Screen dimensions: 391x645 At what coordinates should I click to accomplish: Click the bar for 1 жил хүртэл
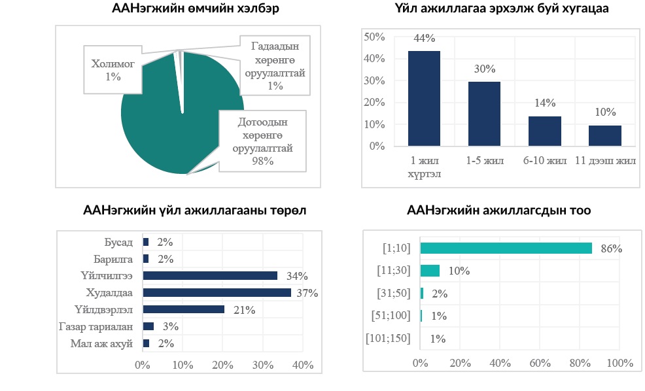[424, 98]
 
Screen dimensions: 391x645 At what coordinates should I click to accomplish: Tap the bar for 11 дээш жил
[604, 135]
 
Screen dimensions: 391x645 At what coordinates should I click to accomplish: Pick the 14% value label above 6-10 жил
[544, 103]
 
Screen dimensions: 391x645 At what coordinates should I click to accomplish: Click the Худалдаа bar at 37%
[217, 292]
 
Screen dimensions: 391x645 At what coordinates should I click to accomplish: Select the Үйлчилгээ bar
[210, 276]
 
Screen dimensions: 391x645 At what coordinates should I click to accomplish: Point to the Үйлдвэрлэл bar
[183, 309]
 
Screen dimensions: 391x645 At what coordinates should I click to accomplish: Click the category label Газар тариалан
[103, 326]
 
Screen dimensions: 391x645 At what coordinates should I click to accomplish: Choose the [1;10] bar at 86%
[506, 248]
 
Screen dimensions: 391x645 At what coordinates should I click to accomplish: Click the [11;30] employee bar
[430, 271]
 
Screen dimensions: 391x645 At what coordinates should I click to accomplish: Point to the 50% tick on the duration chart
[374, 37]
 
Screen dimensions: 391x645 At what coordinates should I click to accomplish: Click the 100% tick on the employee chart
[619, 364]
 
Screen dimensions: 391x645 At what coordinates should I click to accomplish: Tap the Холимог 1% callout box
[113, 69]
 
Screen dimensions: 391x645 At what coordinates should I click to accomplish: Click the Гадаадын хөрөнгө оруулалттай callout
[275, 66]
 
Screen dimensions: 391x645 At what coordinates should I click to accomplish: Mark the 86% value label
[611, 248]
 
